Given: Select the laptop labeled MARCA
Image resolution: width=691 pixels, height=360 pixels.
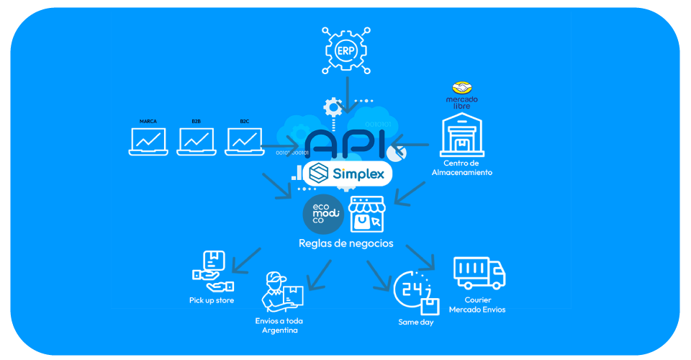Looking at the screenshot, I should [x=148, y=141].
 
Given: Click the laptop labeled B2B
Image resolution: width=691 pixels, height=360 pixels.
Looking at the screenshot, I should [x=197, y=141].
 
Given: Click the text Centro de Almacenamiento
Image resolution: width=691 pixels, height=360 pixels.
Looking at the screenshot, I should [x=463, y=168].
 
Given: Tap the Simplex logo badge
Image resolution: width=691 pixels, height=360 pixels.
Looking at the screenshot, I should [x=348, y=174].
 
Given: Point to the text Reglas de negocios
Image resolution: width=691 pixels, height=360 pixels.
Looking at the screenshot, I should [x=346, y=243].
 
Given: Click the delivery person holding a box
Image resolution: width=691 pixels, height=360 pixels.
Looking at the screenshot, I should [x=283, y=291].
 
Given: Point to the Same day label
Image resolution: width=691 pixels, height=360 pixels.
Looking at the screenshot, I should [x=416, y=322].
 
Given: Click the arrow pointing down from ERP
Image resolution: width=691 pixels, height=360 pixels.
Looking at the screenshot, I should [x=348, y=95].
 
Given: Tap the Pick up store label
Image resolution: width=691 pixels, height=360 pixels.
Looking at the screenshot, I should [x=212, y=300].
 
